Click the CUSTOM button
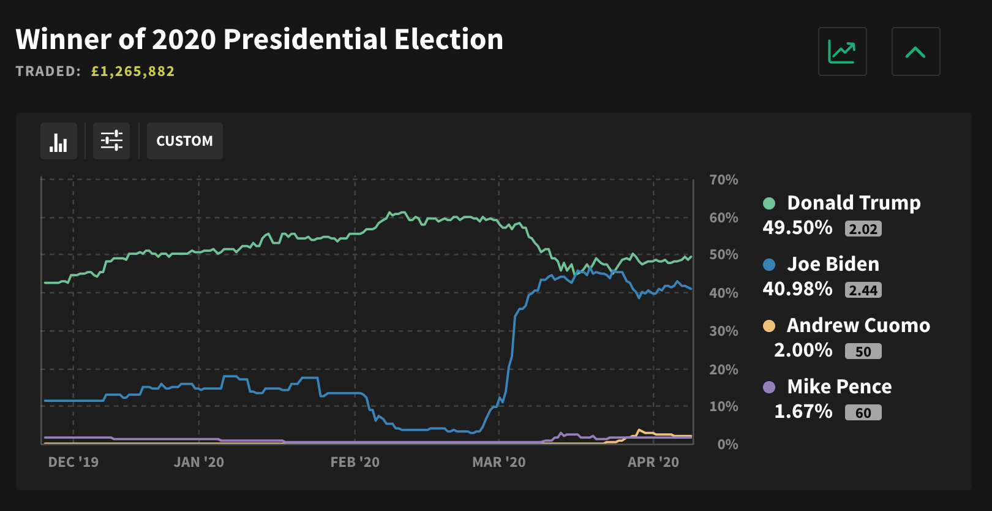coord(184,141)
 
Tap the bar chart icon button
coord(59,141)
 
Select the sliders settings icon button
coord(111,141)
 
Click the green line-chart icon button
coord(842,51)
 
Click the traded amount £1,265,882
coord(133,72)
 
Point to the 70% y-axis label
coord(723,180)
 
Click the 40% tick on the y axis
coord(723,293)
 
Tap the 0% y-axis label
coord(727,444)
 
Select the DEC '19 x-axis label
coord(73,462)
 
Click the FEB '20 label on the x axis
coord(355,462)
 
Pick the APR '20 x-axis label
coord(653,462)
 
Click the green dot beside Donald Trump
coord(769,203)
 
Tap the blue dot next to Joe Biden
coord(769,265)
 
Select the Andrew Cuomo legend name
coord(858,325)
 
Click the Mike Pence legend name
coord(839,387)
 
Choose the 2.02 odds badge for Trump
coord(863,229)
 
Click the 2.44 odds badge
coord(863,290)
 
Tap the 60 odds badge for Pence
coord(863,413)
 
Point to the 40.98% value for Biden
coord(797,289)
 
